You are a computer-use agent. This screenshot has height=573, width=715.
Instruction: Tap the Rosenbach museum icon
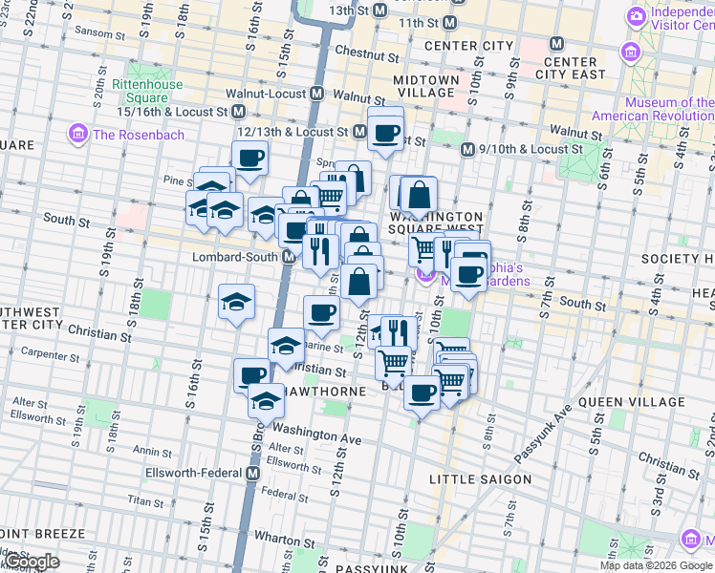click(77, 134)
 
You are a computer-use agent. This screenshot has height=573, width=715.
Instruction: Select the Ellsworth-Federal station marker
click(253, 473)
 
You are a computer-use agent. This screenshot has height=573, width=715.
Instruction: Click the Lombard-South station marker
click(288, 258)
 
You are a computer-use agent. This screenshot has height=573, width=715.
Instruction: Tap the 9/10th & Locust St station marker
click(468, 150)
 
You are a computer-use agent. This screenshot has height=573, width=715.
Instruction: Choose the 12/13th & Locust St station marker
click(360, 131)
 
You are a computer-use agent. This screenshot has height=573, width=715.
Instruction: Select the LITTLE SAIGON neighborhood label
click(480, 478)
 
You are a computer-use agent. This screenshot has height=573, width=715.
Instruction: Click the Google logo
click(32, 561)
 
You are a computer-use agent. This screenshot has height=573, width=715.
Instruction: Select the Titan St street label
click(146, 499)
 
